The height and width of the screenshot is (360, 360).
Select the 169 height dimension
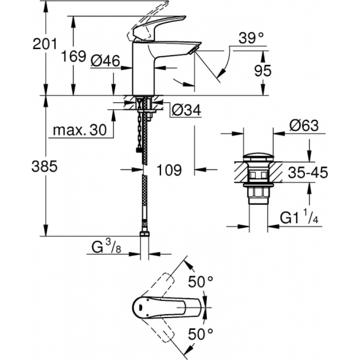[74, 56]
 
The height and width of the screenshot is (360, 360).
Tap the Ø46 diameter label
[105, 60]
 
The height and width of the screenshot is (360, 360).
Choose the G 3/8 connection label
[105, 247]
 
